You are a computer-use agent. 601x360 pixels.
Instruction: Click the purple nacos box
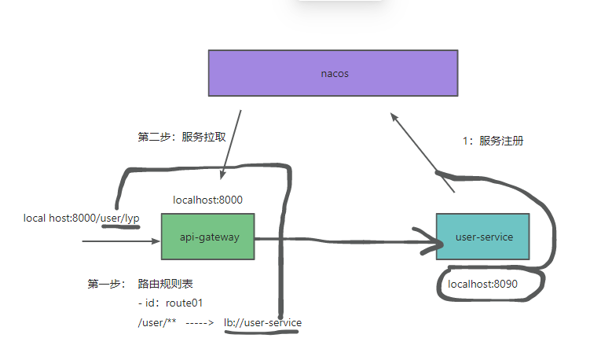(334, 73)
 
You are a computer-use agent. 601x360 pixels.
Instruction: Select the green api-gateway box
(207, 236)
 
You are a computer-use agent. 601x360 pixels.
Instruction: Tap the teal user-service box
(483, 236)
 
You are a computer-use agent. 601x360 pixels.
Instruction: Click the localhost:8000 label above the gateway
(207, 200)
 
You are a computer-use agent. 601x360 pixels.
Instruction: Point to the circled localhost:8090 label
(482, 284)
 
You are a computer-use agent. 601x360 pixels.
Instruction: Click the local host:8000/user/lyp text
(81, 218)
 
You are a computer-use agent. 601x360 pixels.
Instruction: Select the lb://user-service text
(262, 322)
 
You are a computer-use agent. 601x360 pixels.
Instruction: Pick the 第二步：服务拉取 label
(182, 136)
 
